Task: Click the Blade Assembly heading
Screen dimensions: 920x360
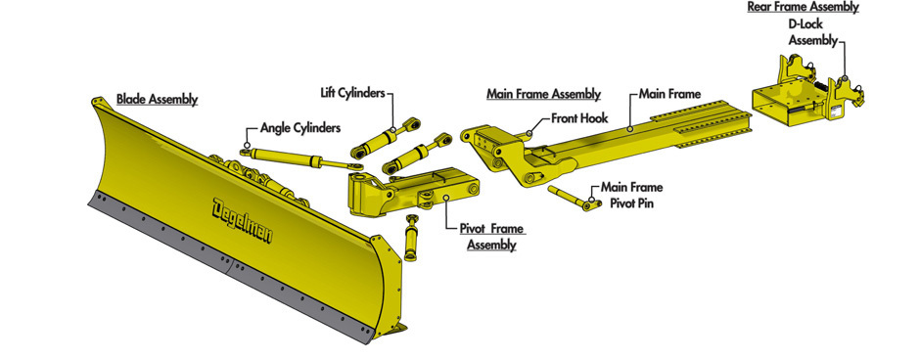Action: [157, 99]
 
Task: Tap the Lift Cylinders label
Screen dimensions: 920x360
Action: [352, 93]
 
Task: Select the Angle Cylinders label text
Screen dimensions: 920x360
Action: [300, 128]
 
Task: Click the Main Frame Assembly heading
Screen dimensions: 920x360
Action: [544, 94]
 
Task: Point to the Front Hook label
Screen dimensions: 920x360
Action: [579, 117]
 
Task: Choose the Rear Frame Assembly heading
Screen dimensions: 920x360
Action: [803, 7]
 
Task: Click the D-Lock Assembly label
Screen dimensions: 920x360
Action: [813, 33]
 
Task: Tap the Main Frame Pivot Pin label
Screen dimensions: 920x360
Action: [630, 196]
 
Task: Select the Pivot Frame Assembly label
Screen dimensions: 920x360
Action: [491, 237]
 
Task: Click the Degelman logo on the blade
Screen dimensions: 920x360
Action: [243, 220]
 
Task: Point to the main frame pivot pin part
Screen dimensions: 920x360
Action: [575, 199]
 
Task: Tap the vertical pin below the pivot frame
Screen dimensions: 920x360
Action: [412, 238]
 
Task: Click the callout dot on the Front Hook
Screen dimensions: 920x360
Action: [529, 134]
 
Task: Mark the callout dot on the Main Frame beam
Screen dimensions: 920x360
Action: [629, 128]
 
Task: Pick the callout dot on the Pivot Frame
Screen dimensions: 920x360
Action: [446, 198]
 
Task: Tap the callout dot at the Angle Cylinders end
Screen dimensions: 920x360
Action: [247, 145]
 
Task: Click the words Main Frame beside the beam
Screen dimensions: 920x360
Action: [669, 94]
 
